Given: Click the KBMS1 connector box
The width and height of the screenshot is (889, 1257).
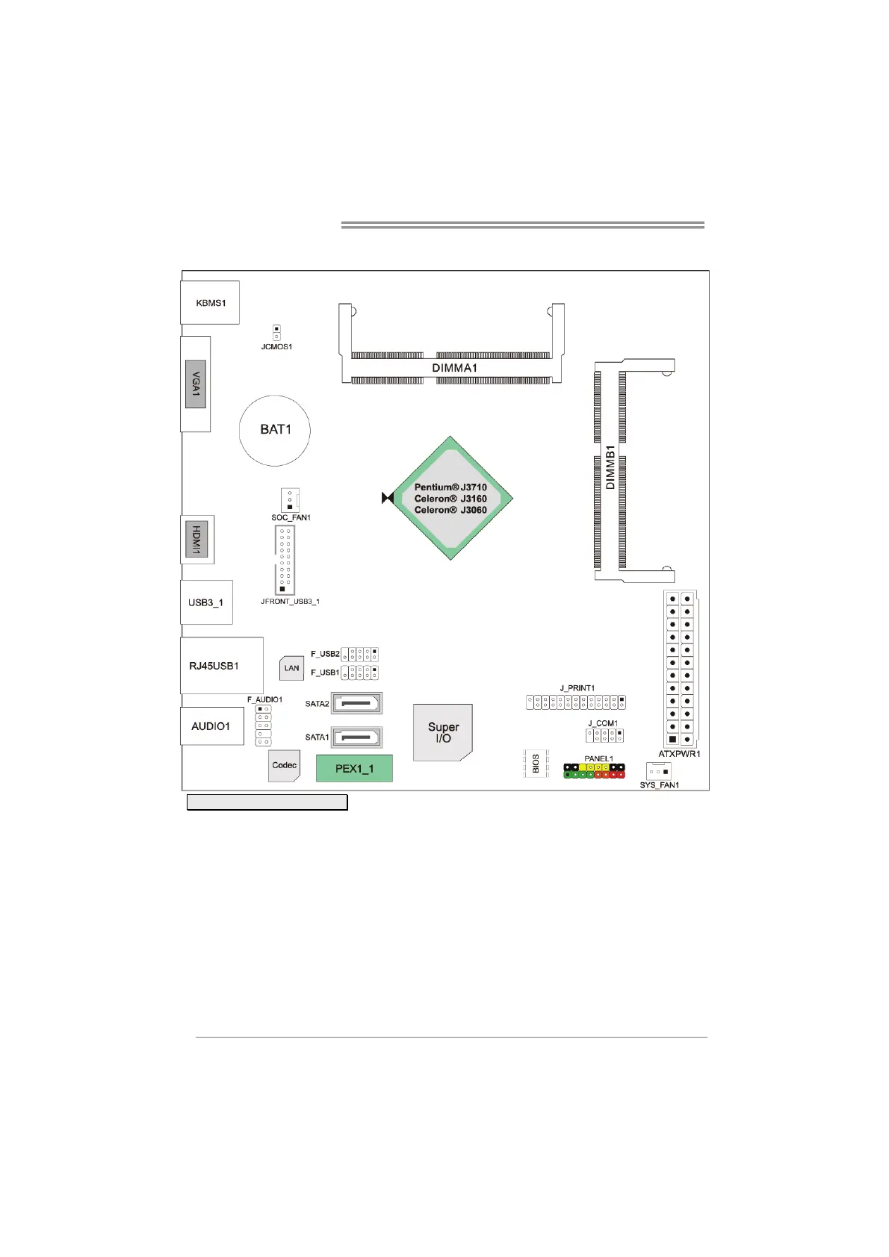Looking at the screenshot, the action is point(209,302).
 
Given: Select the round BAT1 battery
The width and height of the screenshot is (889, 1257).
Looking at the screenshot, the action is point(275,431).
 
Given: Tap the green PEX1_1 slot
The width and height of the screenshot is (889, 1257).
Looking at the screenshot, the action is point(354,768).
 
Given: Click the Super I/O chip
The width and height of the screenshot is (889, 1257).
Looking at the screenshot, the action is point(442,732).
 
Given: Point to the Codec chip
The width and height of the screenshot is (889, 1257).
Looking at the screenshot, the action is point(284,765).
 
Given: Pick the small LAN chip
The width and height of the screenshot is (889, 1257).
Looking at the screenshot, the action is point(291,668).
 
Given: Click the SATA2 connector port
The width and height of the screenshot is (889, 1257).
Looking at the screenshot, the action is point(356,703).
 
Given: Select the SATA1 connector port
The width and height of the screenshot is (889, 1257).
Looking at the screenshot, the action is point(356,737).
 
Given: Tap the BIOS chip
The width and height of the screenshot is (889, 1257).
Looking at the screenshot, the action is point(536,763).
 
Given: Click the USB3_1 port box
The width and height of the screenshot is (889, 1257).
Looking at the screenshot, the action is point(206,602).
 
